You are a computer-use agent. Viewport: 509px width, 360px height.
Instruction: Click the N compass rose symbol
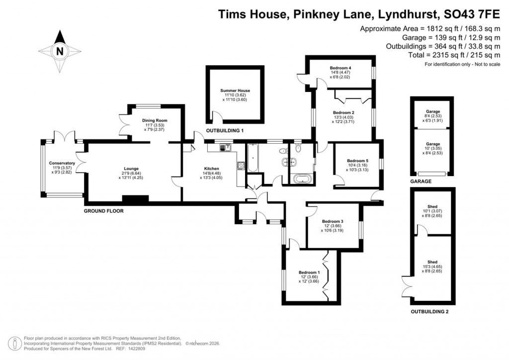coord(60,51)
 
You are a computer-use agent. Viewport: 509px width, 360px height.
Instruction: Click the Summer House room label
coord(235,90)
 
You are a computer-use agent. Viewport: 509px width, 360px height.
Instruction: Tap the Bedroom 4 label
coord(340,68)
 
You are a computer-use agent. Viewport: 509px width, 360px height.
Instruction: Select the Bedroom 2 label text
coord(343,112)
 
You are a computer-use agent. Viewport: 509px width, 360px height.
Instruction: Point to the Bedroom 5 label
coord(357,161)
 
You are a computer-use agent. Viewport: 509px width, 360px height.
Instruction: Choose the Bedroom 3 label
coord(333,221)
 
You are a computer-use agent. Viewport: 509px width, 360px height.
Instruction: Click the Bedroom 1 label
coord(309,272)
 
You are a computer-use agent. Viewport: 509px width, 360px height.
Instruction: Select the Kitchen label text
coord(212,168)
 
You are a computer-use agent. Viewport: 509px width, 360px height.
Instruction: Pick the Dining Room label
coord(155,120)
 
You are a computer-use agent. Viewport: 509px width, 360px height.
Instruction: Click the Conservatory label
coord(62,163)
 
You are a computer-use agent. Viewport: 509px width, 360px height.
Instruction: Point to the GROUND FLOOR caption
coord(103,211)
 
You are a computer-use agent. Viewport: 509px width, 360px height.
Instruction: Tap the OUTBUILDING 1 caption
coord(225,131)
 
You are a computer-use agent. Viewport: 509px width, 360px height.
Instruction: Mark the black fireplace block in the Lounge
coord(135,199)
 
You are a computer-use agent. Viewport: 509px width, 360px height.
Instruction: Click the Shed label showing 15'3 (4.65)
coord(432,262)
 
